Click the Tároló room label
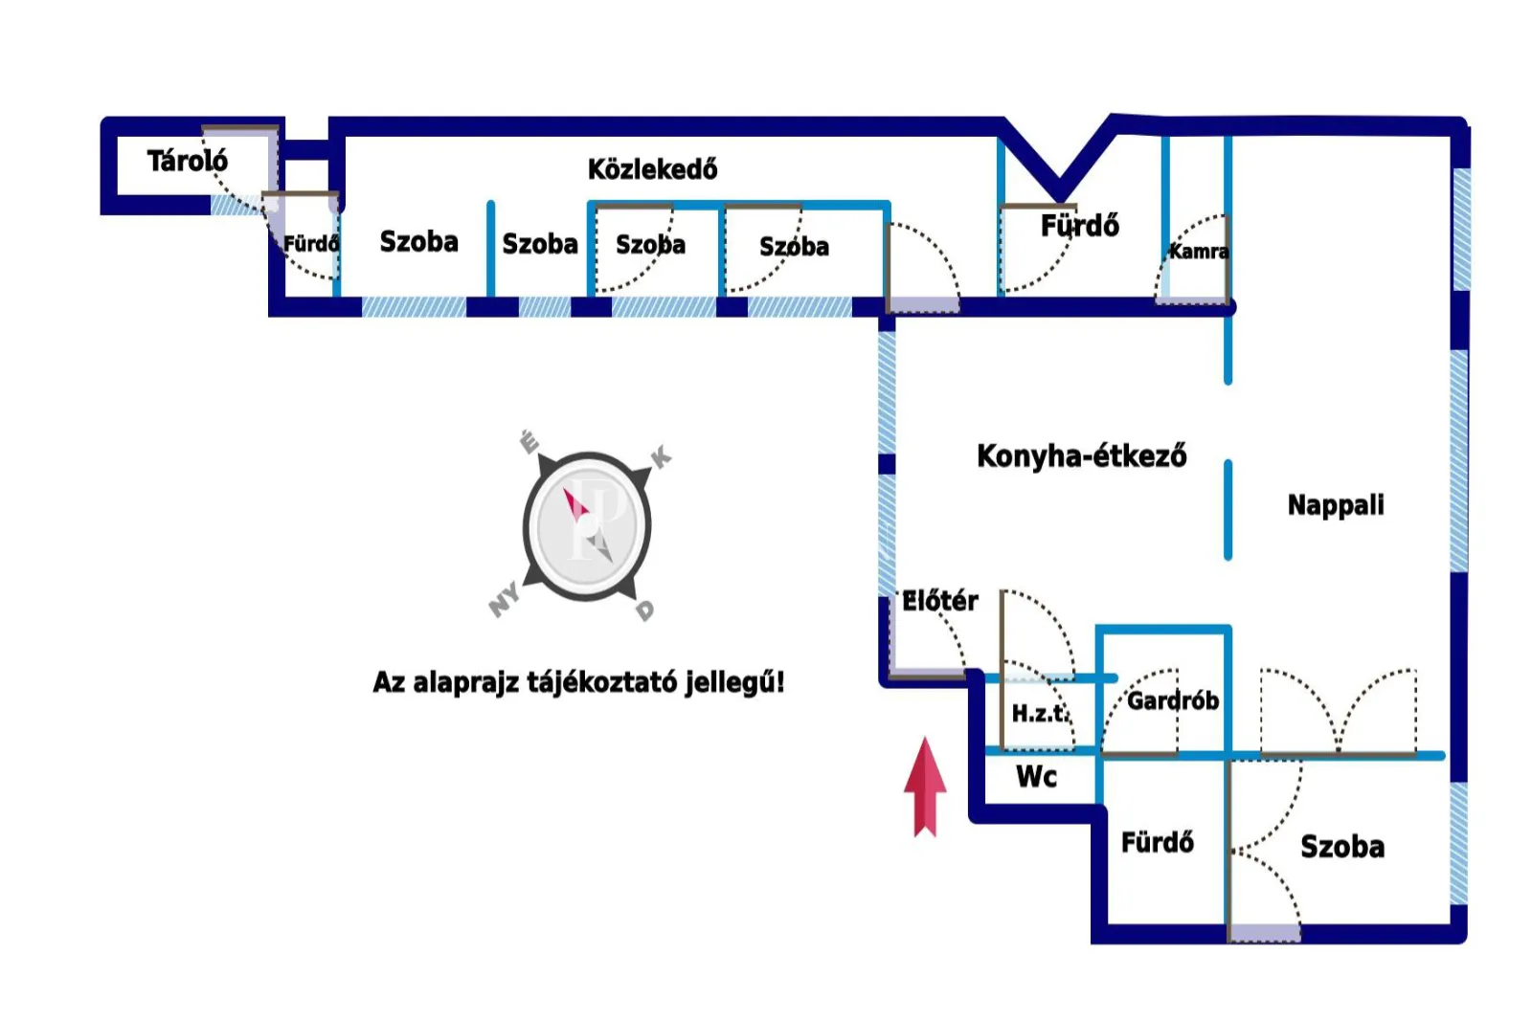[187, 161]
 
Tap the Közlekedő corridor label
[652, 169]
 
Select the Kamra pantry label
[1198, 252]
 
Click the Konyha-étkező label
[1081, 455]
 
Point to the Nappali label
[1335, 504]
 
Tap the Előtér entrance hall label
[939, 601]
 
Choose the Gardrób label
[1172, 700]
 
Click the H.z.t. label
[1040, 713]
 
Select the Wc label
[1036, 776]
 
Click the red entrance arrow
[925, 785]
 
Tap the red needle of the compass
[575, 503]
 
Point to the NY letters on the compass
[505, 599]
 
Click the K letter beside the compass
[661, 457]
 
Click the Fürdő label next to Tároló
[311, 243]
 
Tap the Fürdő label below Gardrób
[1157, 842]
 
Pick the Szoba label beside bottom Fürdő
[1341, 847]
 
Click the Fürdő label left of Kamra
[1079, 226]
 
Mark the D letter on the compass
[645, 610]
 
